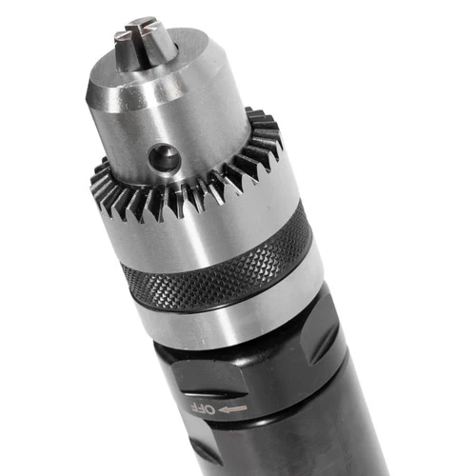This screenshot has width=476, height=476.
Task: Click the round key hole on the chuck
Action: (164, 157)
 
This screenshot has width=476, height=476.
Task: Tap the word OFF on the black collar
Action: (203, 408)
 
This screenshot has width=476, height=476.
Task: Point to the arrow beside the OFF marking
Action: (232, 409)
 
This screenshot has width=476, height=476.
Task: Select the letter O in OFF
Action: (210, 409)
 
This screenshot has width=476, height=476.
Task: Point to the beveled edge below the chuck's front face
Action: (160, 95)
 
